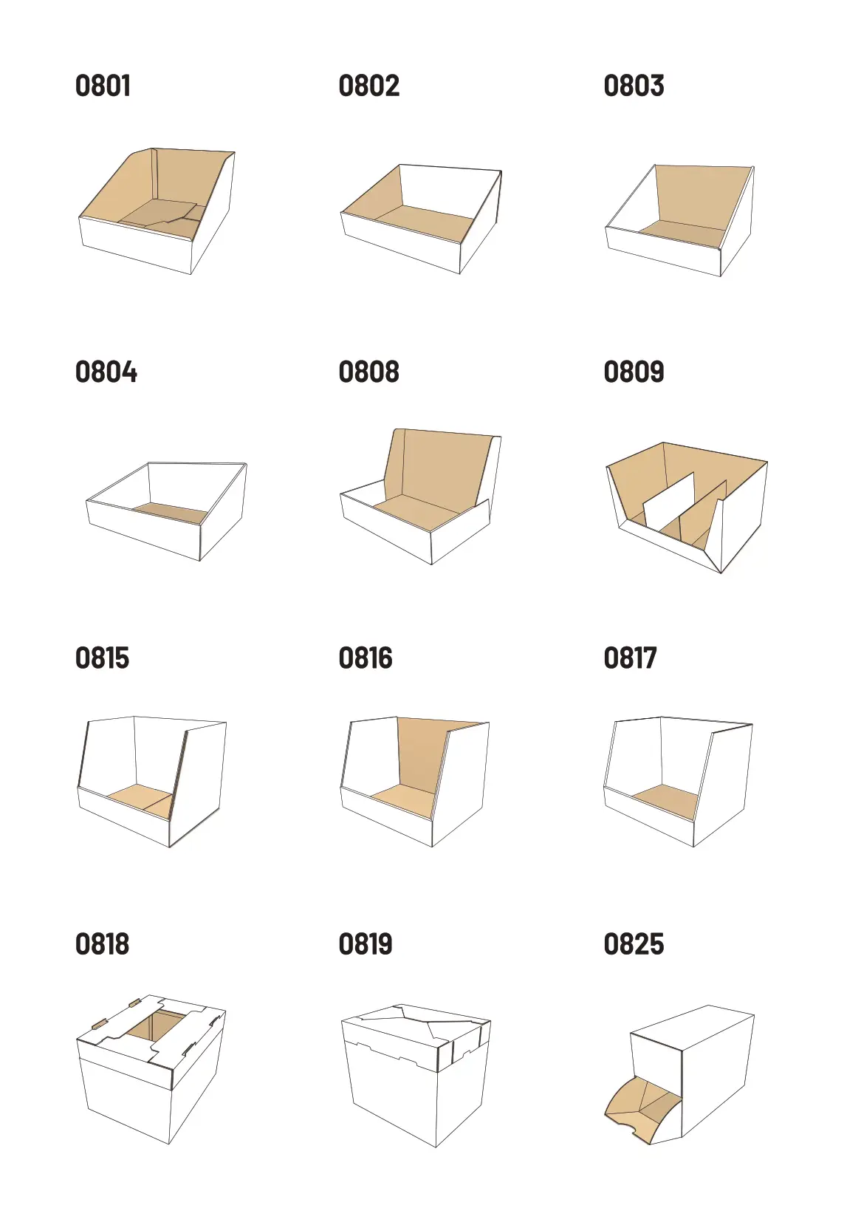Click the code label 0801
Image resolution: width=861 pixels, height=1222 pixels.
point(103,86)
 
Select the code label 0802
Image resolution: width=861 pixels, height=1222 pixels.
point(368,86)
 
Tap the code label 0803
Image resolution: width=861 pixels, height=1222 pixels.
point(634,86)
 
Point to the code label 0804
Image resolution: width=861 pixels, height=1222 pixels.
point(106,372)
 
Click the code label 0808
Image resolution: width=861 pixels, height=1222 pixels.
point(368,372)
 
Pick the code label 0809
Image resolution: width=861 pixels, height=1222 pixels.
point(634,372)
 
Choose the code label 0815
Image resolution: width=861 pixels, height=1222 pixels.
point(102,658)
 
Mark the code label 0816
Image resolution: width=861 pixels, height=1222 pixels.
point(366,658)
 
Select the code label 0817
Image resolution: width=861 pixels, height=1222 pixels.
point(630,658)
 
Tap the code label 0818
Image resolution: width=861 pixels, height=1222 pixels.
point(102,943)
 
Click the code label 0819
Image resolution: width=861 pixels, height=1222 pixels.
point(366,943)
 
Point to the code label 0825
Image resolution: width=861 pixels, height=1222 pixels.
point(634,943)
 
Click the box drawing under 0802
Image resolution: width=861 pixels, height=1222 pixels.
point(421,219)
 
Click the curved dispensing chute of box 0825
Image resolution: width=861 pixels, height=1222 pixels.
point(643,1110)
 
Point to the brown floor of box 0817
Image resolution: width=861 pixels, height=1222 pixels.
point(666,801)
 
